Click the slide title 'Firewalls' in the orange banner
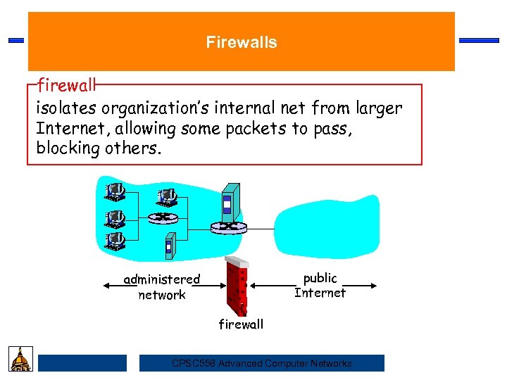click(x=242, y=42)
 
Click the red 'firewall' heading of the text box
click(x=66, y=87)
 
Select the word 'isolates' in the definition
click(x=67, y=108)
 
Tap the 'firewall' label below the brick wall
click(x=241, y=324)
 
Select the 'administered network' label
click(x=162, y=287)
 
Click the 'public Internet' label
click(x=320, y=286)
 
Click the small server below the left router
click(x=169, y=246)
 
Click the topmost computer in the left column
click(x=114, y=191)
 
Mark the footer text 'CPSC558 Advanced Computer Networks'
click(x=262, y=363)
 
